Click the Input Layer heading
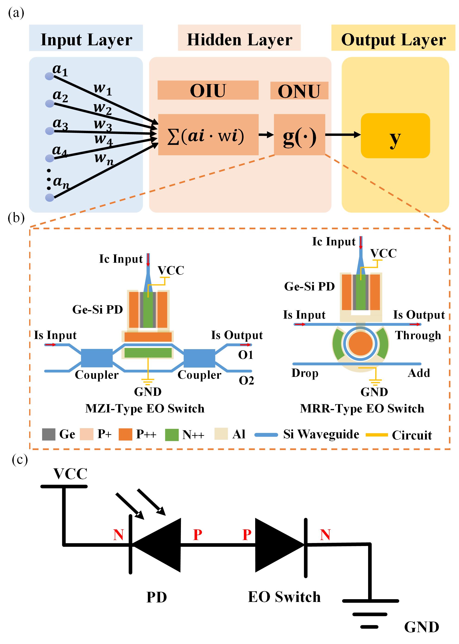coord(86,39)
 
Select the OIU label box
coord(208,90)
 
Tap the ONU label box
coord(299,91)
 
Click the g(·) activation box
coord(299,135)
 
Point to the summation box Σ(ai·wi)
coord(208,135)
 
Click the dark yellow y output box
coord(395,135)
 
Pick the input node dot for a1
coord(50,76)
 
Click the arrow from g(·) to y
coord(343,135)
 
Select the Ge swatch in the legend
coord(49,434)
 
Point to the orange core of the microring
coord(360,344)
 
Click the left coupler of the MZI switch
coord(97,358)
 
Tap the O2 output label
coord(246,381)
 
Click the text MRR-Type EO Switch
coord(362,409)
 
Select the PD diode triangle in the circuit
coord(157,545)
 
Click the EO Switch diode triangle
coord(278,545)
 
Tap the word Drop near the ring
coord(305,373)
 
